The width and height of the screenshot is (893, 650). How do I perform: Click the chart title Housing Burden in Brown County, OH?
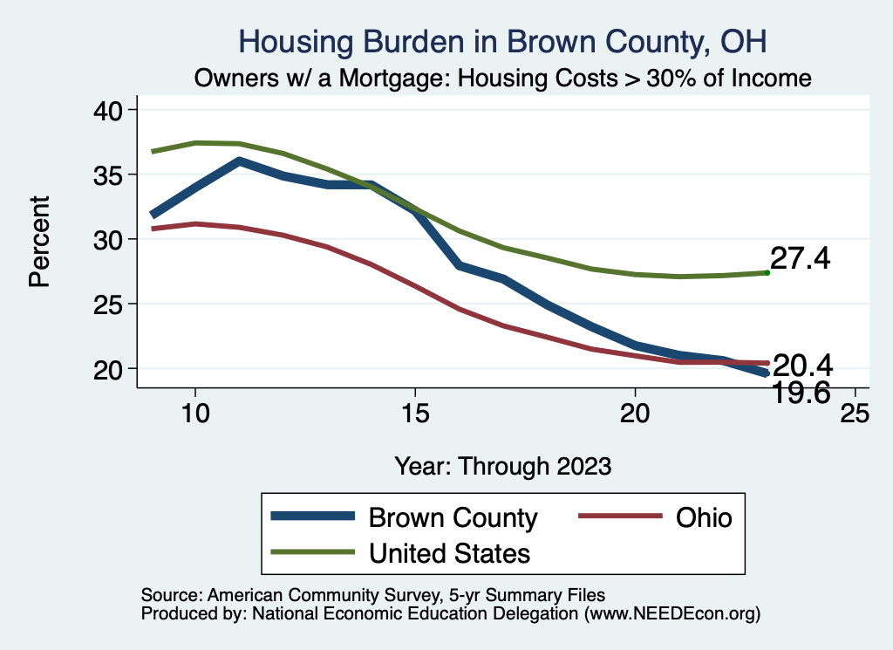point(502,42)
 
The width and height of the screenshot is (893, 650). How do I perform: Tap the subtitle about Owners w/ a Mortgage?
point(502,79)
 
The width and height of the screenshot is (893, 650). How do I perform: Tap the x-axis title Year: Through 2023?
point(502,465)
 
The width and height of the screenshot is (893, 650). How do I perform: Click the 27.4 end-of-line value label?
point(800,259)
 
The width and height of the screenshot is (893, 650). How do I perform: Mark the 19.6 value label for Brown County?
point(803,394)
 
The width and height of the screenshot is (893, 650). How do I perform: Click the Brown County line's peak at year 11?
point(239,161)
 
